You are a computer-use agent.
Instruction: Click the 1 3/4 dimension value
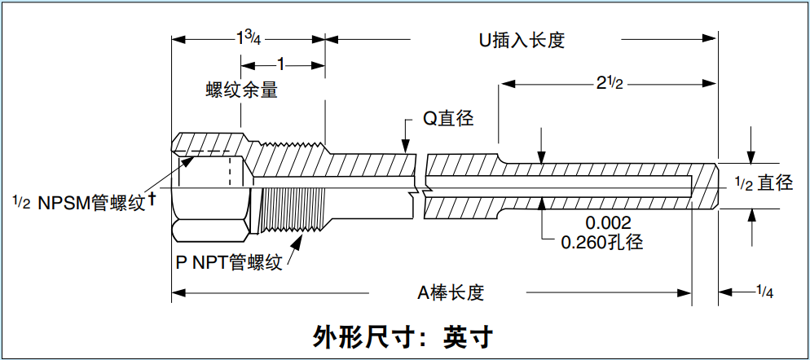[249, 38]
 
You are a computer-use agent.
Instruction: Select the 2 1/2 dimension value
[607, 82]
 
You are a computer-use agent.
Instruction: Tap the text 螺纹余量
[242, 89]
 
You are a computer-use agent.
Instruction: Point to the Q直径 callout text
[447, 117]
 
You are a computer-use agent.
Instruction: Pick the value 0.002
[608, 222]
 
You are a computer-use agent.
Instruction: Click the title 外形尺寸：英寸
[404, 336]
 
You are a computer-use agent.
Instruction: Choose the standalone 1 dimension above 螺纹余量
[281, 64]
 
